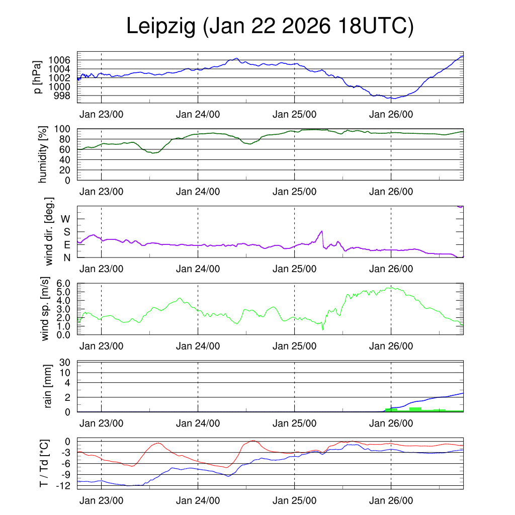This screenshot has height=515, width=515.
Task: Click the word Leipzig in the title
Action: (160, 26)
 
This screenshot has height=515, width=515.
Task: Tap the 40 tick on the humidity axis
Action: (65, 159)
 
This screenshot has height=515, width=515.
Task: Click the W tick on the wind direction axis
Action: (65, 219)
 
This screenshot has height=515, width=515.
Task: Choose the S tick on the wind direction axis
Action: (66, 232)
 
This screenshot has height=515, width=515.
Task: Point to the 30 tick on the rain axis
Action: (65, 363)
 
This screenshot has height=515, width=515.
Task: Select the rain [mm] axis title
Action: (49, 386)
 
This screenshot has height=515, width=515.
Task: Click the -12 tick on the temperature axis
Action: (63, 485)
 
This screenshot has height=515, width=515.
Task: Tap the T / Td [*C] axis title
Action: (45, 463)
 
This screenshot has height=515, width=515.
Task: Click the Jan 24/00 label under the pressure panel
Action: (198, 114)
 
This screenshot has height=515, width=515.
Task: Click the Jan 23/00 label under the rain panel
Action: (101, 423)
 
